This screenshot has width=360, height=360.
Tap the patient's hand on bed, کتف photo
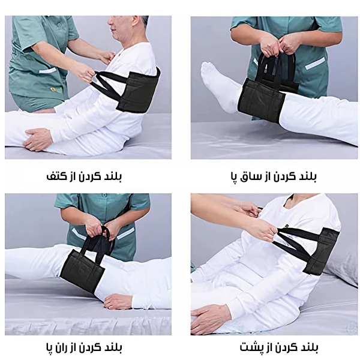(x=39, y=139)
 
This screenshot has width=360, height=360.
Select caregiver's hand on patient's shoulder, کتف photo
(x=107, y=57)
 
